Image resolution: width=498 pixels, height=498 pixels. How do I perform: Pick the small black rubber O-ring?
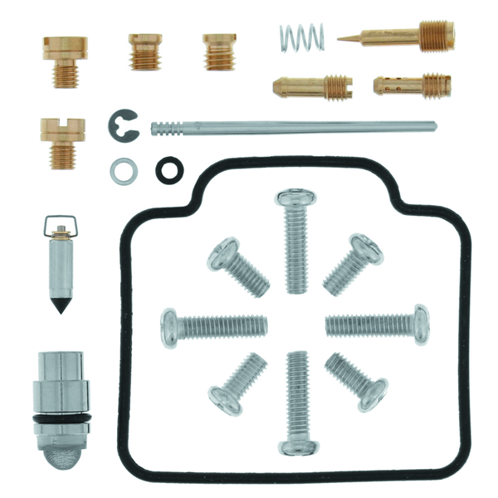click(168, 169)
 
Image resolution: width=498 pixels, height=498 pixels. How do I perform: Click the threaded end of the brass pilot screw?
click(437, 36)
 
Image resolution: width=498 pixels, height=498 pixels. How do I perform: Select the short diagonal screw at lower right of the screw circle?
click(358, 378)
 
